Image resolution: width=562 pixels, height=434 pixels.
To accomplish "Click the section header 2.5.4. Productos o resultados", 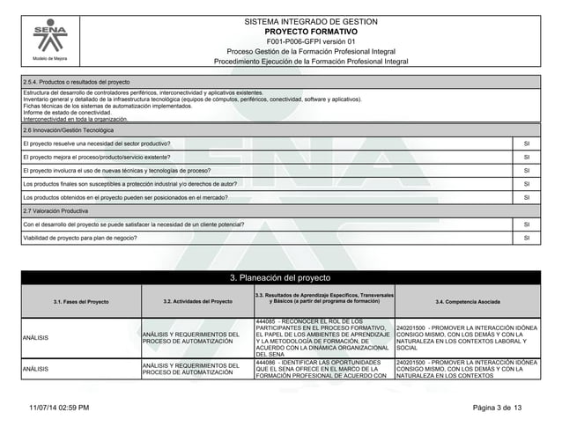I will click(77, 81).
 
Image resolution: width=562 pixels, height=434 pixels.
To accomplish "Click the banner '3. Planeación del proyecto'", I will click(281, 279).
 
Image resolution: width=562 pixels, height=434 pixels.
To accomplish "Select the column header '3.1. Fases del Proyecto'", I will click(80, 302).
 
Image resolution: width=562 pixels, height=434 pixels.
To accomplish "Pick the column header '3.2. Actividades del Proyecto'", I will click(197, 302).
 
